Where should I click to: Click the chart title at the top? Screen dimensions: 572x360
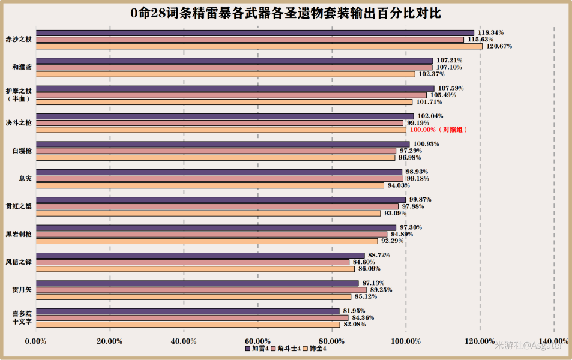(x=286, y=13)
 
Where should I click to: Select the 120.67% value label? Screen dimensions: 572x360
(x=499, y=46)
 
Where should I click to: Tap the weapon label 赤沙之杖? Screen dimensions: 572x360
(x=19, y=40)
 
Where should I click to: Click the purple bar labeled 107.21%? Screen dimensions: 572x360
(x=235, y=61)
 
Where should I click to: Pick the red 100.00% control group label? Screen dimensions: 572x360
(x=439, y=130)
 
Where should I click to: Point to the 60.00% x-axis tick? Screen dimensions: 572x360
(x=258, y=341)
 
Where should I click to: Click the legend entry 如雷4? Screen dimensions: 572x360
(x=257, y=349)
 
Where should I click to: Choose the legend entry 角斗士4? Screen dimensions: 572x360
(x=286, y=349)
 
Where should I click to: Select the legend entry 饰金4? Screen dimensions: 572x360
(x=315, y=349)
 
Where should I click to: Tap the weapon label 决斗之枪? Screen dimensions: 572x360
(x=19, y=123)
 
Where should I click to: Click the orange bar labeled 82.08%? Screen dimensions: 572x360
(x=188, y=325)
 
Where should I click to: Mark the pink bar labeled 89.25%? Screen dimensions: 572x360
(x=201, y=290)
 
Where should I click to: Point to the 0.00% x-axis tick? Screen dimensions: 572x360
(x=36, y=341)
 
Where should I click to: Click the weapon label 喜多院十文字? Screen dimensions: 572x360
(x=22, y=317)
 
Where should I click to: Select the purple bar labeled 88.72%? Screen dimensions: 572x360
(x=200, y=256)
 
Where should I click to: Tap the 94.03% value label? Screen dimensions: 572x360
(x=399, y=185)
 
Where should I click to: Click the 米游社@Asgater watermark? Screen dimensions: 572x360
(x=529, y=346)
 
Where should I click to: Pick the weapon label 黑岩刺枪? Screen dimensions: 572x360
(x=19, y=234)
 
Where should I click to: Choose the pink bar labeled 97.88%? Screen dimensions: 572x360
(x=217, y=206)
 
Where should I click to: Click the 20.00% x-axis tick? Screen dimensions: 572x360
(x=110, y=341)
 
